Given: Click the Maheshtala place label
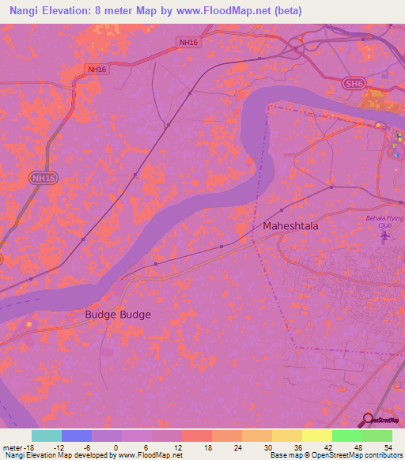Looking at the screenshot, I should coord(294,227).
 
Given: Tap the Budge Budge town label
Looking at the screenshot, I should coord(118,314).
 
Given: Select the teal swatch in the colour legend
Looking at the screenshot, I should coord(47,435).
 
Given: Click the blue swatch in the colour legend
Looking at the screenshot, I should coord(77,435).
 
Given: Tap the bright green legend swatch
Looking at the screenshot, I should coord(347,435).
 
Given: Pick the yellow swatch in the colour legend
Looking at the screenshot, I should coord(317,435).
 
